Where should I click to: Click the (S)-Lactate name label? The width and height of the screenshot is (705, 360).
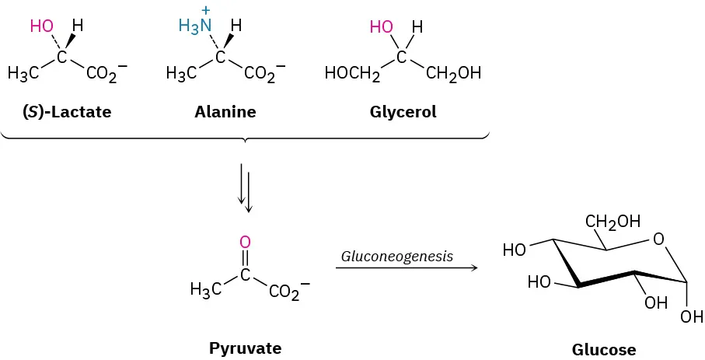(x=67, y=112)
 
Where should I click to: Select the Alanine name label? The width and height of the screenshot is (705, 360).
(x=225, y=112)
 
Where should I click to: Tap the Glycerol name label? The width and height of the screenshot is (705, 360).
(x=403, y=112)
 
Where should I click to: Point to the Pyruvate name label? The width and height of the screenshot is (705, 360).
(x=245, y=348)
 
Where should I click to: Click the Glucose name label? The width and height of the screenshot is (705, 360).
(x=604, y=349)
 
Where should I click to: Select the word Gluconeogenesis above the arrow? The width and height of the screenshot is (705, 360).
(x=397, y=256)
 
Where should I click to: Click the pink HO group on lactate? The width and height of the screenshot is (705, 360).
(x=41, y=26)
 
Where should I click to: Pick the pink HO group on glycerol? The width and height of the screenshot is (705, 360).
(x=382, y=27)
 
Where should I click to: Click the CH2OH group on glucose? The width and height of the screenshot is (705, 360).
(x=613, y=222)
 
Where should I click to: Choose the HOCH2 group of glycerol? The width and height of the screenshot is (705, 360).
(x=352, y=75)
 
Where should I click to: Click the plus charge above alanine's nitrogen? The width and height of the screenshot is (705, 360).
(x=207, y=10)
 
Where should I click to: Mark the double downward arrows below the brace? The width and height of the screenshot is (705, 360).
(x=245, y=187)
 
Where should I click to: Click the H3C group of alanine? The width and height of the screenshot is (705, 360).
(x=181, y=75)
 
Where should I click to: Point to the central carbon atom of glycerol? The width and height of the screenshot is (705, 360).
(x=401, y=58)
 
